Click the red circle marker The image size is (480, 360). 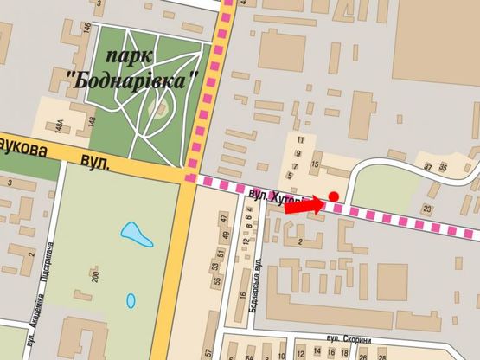pos(333,196)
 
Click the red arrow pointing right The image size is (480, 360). pos(304,206)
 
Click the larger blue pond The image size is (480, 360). pos(133,234)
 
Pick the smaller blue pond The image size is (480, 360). pos(131,300)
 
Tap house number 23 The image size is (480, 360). pos(427,208)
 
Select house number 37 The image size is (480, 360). pos(428,165)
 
